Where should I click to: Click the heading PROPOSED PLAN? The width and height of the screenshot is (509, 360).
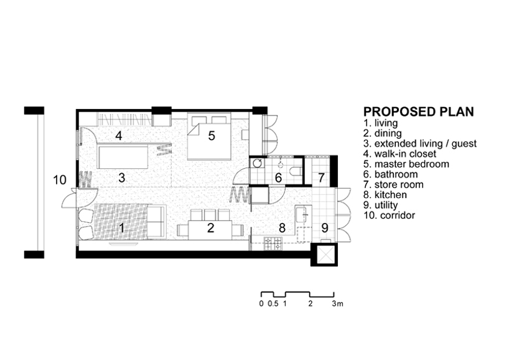pos(418,112)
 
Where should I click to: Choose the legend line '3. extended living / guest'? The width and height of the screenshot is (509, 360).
pos(420,143)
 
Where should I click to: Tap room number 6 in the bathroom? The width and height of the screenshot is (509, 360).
pos(278,178)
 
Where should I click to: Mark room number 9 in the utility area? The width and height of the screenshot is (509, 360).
pos(324,227)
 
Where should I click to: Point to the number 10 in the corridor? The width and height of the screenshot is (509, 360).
pos(60,180)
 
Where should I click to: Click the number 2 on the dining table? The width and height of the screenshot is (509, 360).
pos(210,228)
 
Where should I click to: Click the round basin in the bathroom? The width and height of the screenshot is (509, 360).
pos(257,164)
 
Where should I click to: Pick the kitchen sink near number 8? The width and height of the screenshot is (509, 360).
pos(302,215)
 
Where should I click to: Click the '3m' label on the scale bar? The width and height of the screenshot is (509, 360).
pos(337,304)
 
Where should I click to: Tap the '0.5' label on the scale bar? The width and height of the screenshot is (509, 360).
pos(272,304)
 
